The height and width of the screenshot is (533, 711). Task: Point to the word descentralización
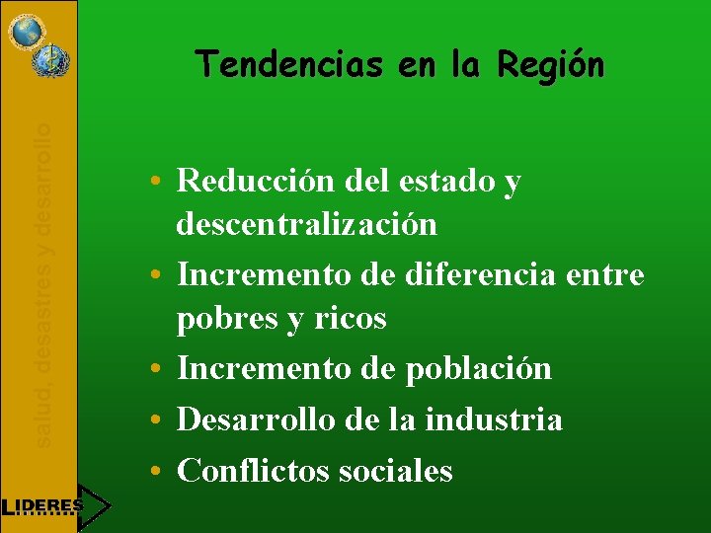pyautogui.click(x=306, y=225)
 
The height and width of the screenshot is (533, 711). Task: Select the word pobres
pyautogui.click(x=224, y=320)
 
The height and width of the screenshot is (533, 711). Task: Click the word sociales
pyautogui.click(x=395, y=471)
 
